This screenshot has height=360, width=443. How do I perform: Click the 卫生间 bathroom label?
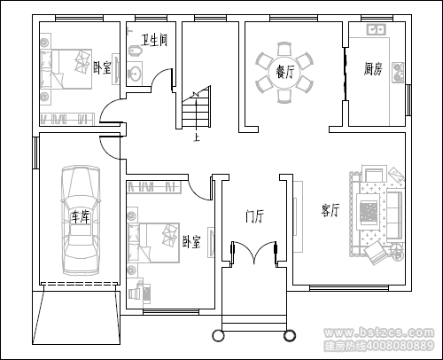coord(154,40)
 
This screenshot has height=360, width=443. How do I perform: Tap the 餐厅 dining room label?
coord(284,72)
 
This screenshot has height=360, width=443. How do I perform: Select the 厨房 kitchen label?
coord(373,69)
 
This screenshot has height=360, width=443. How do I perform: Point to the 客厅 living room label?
coord(330,210)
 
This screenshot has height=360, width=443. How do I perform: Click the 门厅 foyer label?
coord(254,216)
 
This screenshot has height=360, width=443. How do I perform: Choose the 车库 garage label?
coord(80,217)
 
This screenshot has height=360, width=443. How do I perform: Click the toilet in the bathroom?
coord(136,51)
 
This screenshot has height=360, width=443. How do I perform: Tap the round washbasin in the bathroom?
coord(135,73)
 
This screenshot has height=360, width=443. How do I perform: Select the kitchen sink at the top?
coord(376,29)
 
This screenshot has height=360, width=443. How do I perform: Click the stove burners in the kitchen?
coord(398,73)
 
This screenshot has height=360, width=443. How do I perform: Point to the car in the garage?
coord(80,220)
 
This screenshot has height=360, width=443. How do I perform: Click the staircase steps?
coord(197,108)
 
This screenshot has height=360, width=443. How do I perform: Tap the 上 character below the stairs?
coord(197,137)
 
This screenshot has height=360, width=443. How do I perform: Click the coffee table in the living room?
coord(369,212)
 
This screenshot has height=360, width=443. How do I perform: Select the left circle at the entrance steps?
coord(219,335)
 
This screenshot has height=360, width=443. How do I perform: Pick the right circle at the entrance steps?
coord(290,335)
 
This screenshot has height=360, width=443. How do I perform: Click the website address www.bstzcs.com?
coord(379,333)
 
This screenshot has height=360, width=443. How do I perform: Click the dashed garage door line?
coord(80,284)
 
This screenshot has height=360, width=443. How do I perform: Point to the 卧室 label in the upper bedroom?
coord(102,67)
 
